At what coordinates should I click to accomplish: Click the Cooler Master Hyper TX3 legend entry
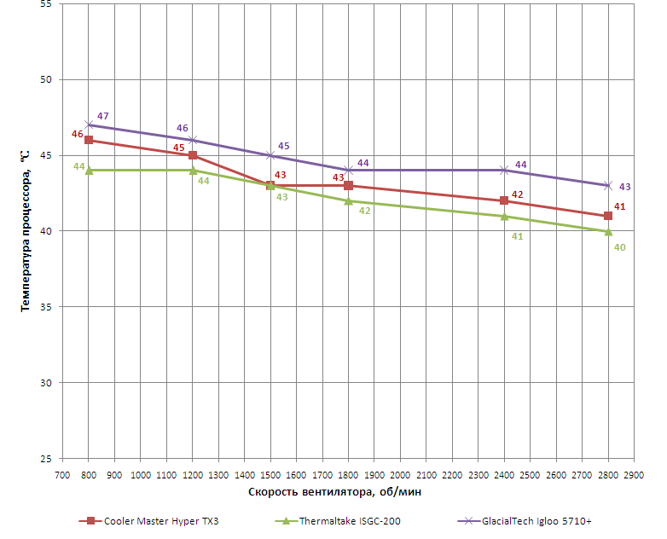160,520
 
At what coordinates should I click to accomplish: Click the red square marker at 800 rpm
89,140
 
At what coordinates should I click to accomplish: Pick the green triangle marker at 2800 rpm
608,231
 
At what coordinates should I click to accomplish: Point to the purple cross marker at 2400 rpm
504,171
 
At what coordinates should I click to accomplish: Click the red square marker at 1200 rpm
193,155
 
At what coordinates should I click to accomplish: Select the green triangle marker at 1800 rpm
348,201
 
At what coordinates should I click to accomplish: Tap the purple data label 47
103,116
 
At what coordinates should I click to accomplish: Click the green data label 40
620,247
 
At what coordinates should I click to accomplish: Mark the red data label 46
78,134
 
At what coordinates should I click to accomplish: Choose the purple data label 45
284,146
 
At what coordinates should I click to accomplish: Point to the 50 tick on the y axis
46,80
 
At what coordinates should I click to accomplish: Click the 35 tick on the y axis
46,307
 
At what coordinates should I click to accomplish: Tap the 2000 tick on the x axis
400,474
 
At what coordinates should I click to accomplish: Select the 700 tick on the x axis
62,474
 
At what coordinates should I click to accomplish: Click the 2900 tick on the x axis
634,474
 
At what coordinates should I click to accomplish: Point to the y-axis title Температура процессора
26,229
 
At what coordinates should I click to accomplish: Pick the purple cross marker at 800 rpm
89,125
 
